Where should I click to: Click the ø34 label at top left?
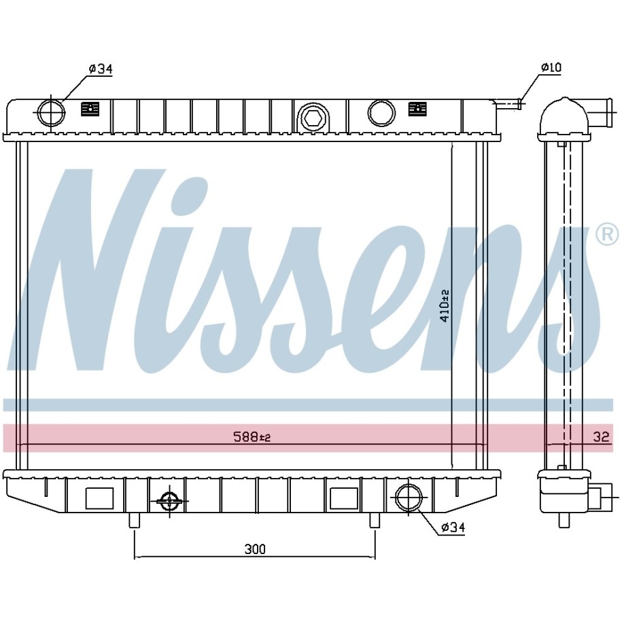tap(101, 69)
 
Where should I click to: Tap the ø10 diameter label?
tap(551, 67)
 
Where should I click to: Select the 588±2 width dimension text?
tap(252, 437)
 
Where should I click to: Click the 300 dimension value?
tap(255, 549)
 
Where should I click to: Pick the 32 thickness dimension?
tap(601, 436)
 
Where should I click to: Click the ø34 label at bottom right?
tap(453, 528)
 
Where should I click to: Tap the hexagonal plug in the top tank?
tap(312, 117)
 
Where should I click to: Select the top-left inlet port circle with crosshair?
tap(51, 112)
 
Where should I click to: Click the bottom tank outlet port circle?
tap(409, 498)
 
